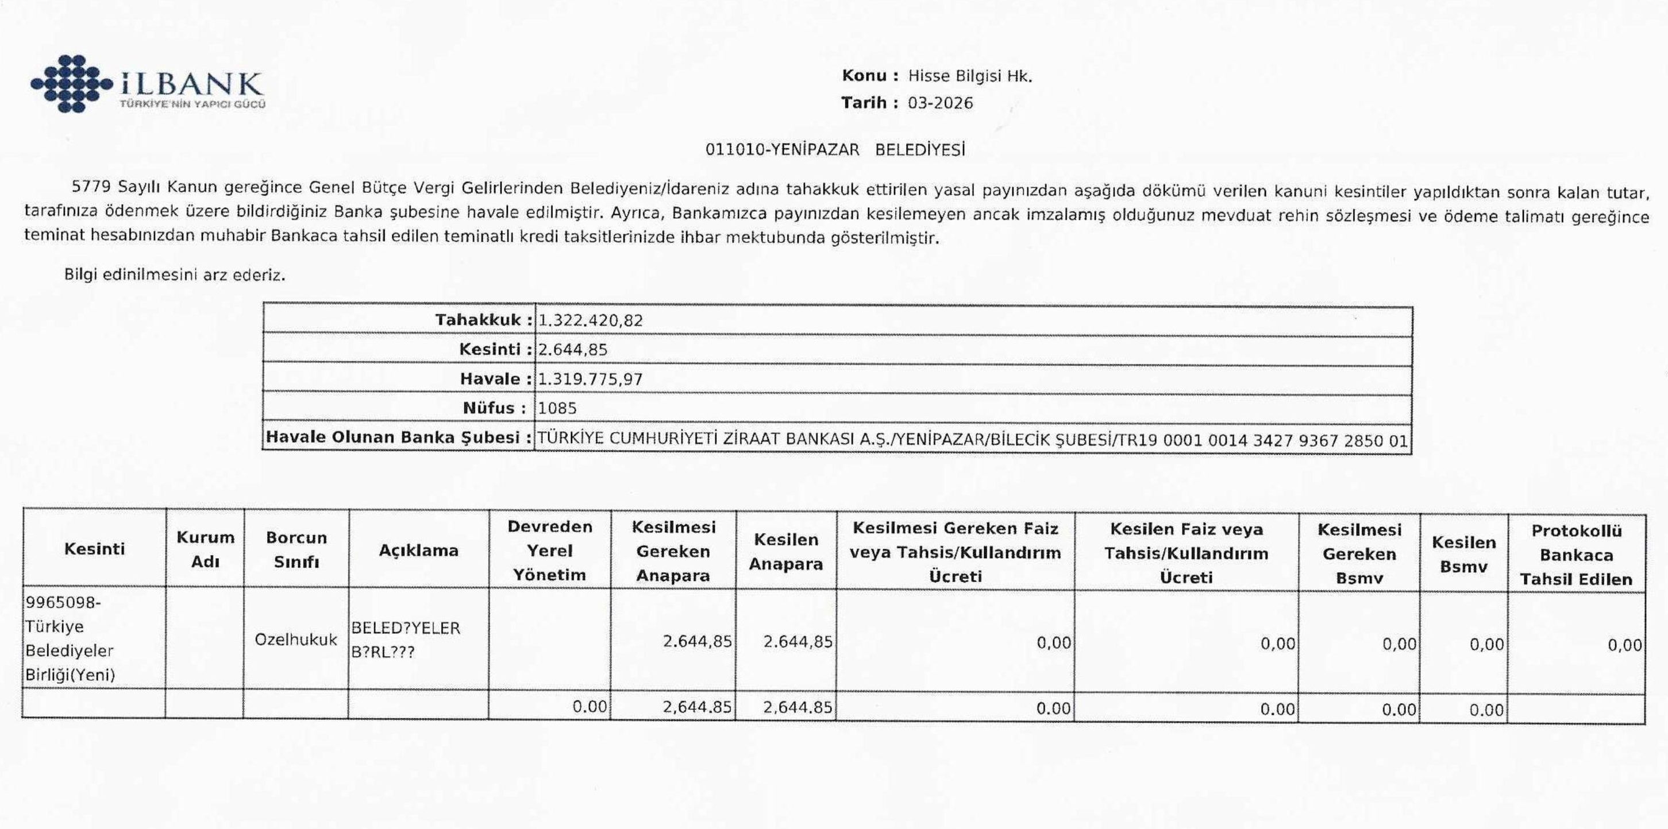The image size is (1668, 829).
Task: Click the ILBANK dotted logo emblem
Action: pos(71,83)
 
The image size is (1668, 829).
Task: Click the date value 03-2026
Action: pos(940,103)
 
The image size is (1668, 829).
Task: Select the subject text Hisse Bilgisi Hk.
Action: pos(969,76)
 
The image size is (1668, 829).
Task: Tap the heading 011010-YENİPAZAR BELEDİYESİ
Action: pos(835,150)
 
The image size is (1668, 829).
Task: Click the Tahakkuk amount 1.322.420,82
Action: pos(591,320)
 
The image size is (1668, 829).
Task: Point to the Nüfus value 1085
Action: pos(557,408)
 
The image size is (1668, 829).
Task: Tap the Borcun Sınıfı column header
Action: pos(296,550)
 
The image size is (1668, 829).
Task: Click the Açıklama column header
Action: pos(418,551)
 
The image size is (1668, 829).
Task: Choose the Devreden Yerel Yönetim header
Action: pos(549,551)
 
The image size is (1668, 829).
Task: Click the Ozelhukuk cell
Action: pos(296,640)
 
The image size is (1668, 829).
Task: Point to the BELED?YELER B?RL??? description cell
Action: pos(405,640)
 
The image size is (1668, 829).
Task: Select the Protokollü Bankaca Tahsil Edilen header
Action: pos(1576,555)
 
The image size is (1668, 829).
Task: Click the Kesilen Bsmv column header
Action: pos(1463,555)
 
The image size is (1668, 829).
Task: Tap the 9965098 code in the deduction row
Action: pos(63,602)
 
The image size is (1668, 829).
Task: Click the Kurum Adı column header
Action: pos(205,549)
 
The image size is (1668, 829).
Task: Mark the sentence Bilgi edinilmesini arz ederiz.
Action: pos(175,275)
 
